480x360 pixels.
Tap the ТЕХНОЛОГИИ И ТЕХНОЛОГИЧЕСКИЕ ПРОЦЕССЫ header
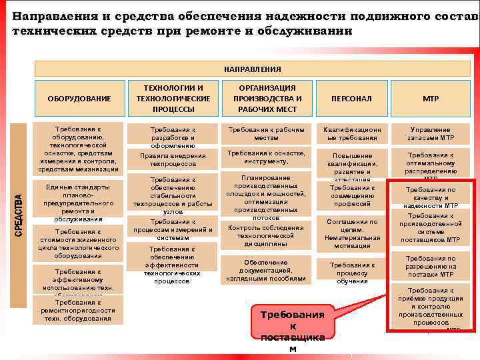click(173, 98)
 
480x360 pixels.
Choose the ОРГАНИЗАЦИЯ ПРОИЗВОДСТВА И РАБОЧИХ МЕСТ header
click(265, 98)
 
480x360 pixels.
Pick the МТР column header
click(430, 98)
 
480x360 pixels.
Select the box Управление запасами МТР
click(430, 133)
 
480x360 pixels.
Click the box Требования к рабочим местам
click(265, 133)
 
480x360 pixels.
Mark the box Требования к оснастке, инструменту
click(265, 157)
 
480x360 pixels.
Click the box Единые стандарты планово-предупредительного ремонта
click(79, 203)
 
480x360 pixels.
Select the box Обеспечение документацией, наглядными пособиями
click(265, 270)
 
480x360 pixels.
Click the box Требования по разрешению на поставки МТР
click(431, 266)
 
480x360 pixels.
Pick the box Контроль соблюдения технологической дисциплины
click(265, 235)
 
